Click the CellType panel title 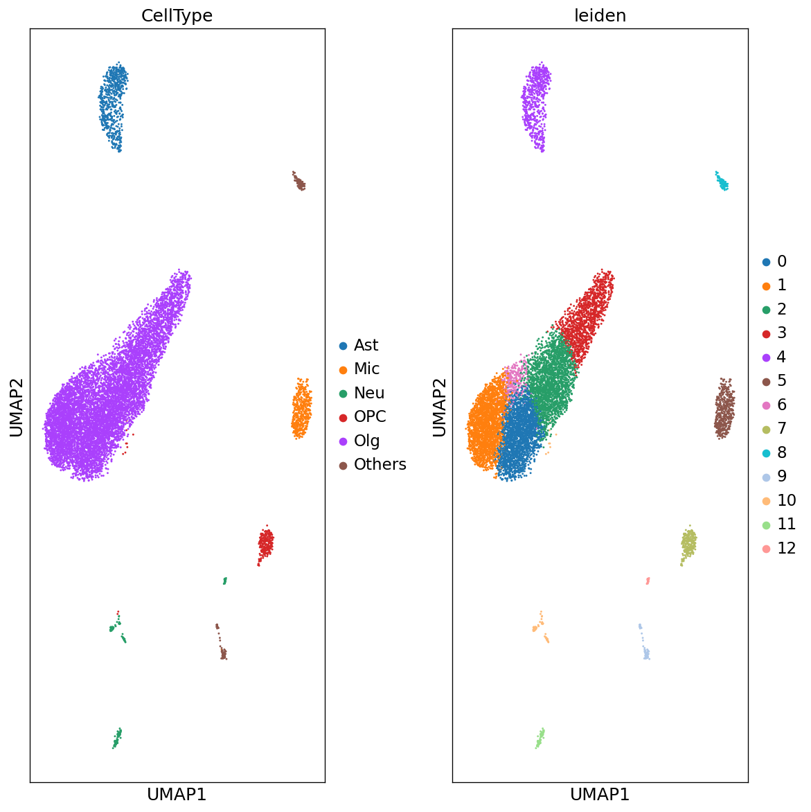pyautogui.click(x=177, y=16)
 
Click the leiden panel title pyautogui.click(x=600, y=16)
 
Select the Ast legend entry pyautogui.click(x=366, y=345)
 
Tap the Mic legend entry pyautogui.click(x=366, y=369)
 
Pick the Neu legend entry pyautogui.click(x=368, y=393)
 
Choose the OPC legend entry pyautogui.click(x=369, y=416)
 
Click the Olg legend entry pyautogui.click(x=366, y=441)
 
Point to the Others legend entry pyautogui.click(x=380, y=464)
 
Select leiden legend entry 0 pyautogui.click(x=781, y=261)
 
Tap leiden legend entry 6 pyautogui.click(x=781, y=405)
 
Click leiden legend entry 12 pyautogui.click(x=786, y=548)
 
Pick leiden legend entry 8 pyautogui.click(x=781, y=452)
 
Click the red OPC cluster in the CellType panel pyautogui.click(x=266, y=542)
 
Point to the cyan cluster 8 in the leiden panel pyautogui.click(x=722, y=182)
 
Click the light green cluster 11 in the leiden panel pyautogui.click(x=540, y=737)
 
